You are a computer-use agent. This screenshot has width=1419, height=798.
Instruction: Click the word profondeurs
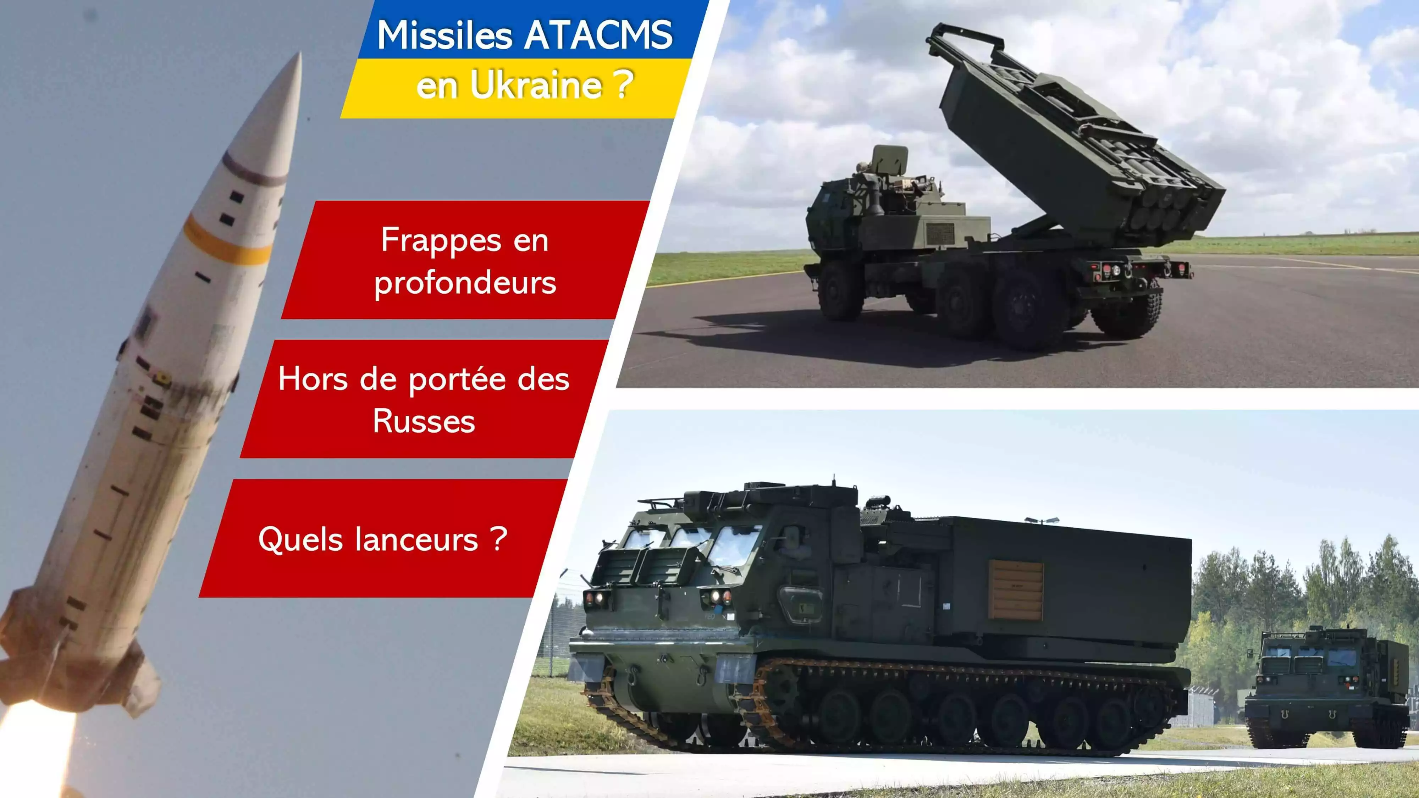pos(465,283)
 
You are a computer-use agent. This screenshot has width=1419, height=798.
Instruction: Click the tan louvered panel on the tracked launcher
pos(1016,591)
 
